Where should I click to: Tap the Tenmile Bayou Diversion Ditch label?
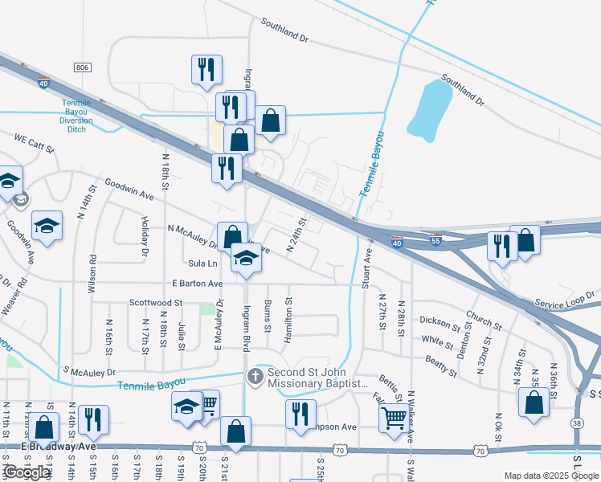[x=79, y=116]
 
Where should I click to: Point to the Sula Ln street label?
[x=202, y=263]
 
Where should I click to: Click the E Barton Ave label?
[x=197, y=284]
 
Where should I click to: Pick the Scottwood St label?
[x=156, y=304]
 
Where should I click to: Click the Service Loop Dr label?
[x=562, y=305]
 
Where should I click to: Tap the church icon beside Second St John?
[x=255, y=376]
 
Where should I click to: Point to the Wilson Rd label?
[x=93, y=272]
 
